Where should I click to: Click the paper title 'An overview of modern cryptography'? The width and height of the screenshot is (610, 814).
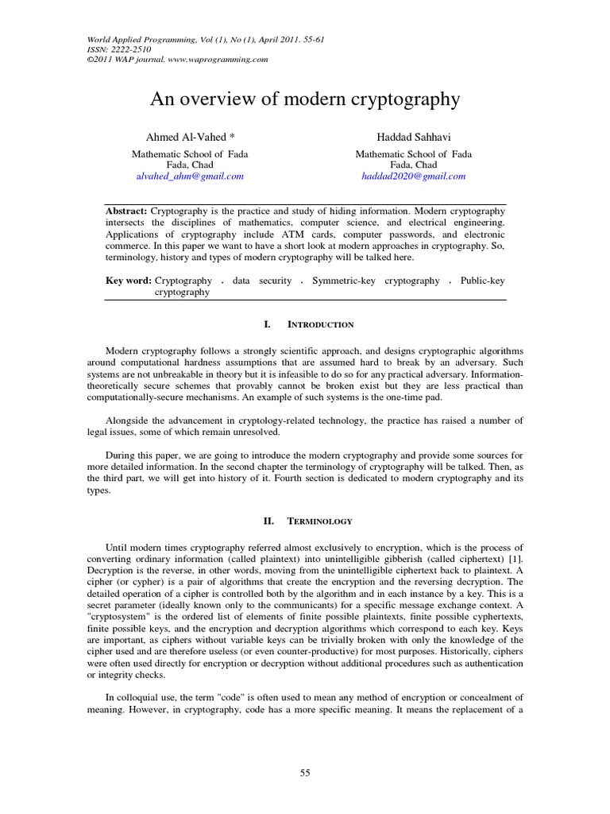coord(305,99)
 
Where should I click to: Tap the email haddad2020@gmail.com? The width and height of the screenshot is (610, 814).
coord(414,176)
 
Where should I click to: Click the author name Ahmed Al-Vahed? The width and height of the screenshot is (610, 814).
coord(187,138)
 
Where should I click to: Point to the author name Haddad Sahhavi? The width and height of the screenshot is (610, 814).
coord(414,138)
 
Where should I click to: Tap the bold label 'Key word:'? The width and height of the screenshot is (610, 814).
coord(129,281)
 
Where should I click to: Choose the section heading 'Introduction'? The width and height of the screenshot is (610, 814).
coord(321,325)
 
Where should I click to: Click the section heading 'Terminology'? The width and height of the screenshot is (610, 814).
coord(321,521)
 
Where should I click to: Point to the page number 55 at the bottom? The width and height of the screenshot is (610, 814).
coord(304,772)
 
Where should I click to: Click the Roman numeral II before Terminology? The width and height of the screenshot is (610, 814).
coord(268,521)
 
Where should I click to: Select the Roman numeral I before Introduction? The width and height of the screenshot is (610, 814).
coord(268,325)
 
